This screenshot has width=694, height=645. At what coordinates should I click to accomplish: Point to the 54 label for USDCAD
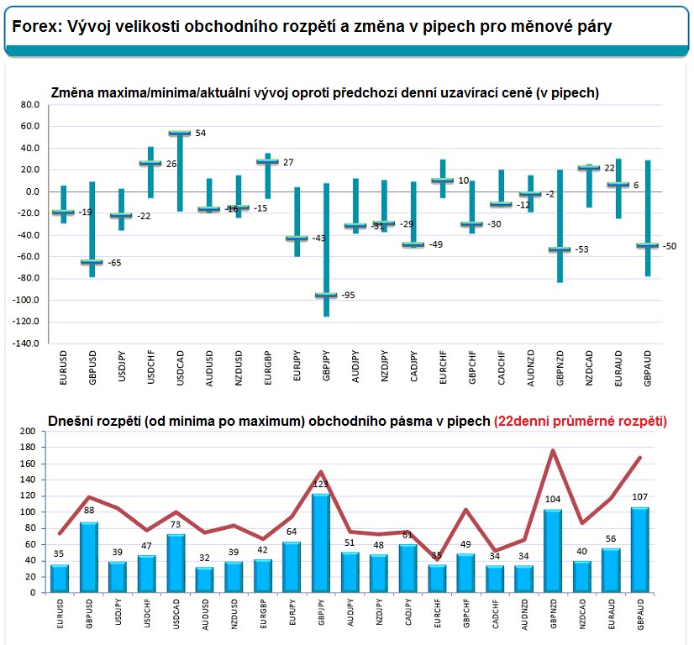coord(200,134)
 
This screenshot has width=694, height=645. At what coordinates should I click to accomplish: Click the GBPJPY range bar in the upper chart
coord(325,252)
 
